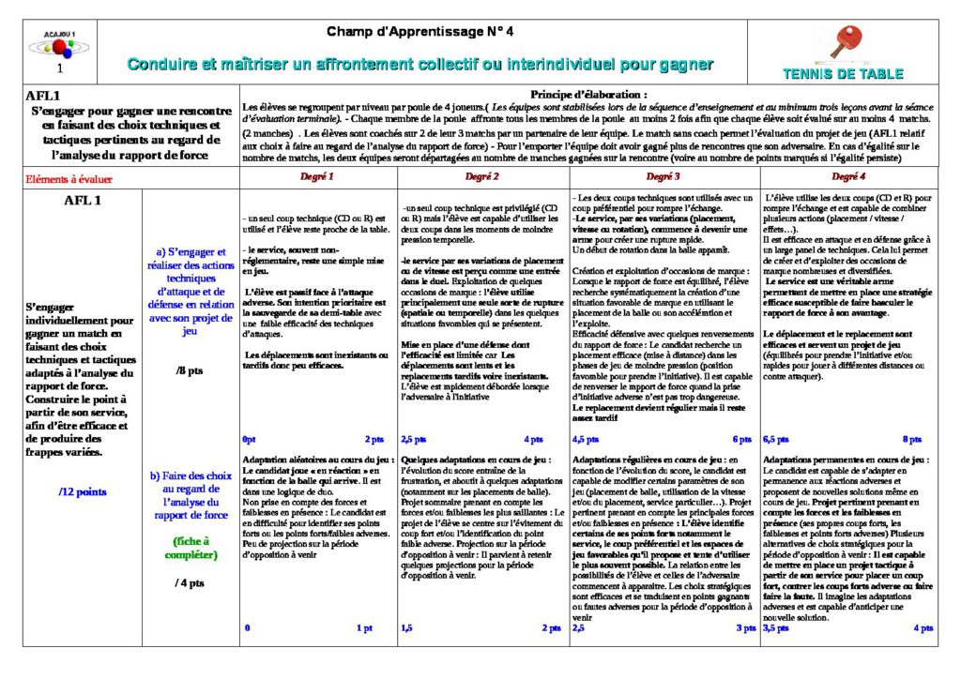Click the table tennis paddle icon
pyautogui.click(x=841, y=43)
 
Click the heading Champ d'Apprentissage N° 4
pyautogui.click(x=420, y=32)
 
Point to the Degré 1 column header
pyautogui.click(x=316, y=176)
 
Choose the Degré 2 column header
pyautogui.click(x=482, y=176)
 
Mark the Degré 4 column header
pyautogui.click(x=847, y=176)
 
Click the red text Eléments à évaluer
pyautogui.click(x=69, y=178)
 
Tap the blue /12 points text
pyautogui.click(x=82, y=491)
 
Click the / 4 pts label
pyautogui.click(x=190, y=582)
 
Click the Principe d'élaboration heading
pyautogui.click(x=588, y=95)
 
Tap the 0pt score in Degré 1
pyautogui.click(x=249, y=439)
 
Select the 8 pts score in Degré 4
pyautogui.click(x=911, y=439)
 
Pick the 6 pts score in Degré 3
pyautogui.click(x=741, y=439)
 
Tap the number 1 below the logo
pyautogui.click(x=60, y=68)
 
